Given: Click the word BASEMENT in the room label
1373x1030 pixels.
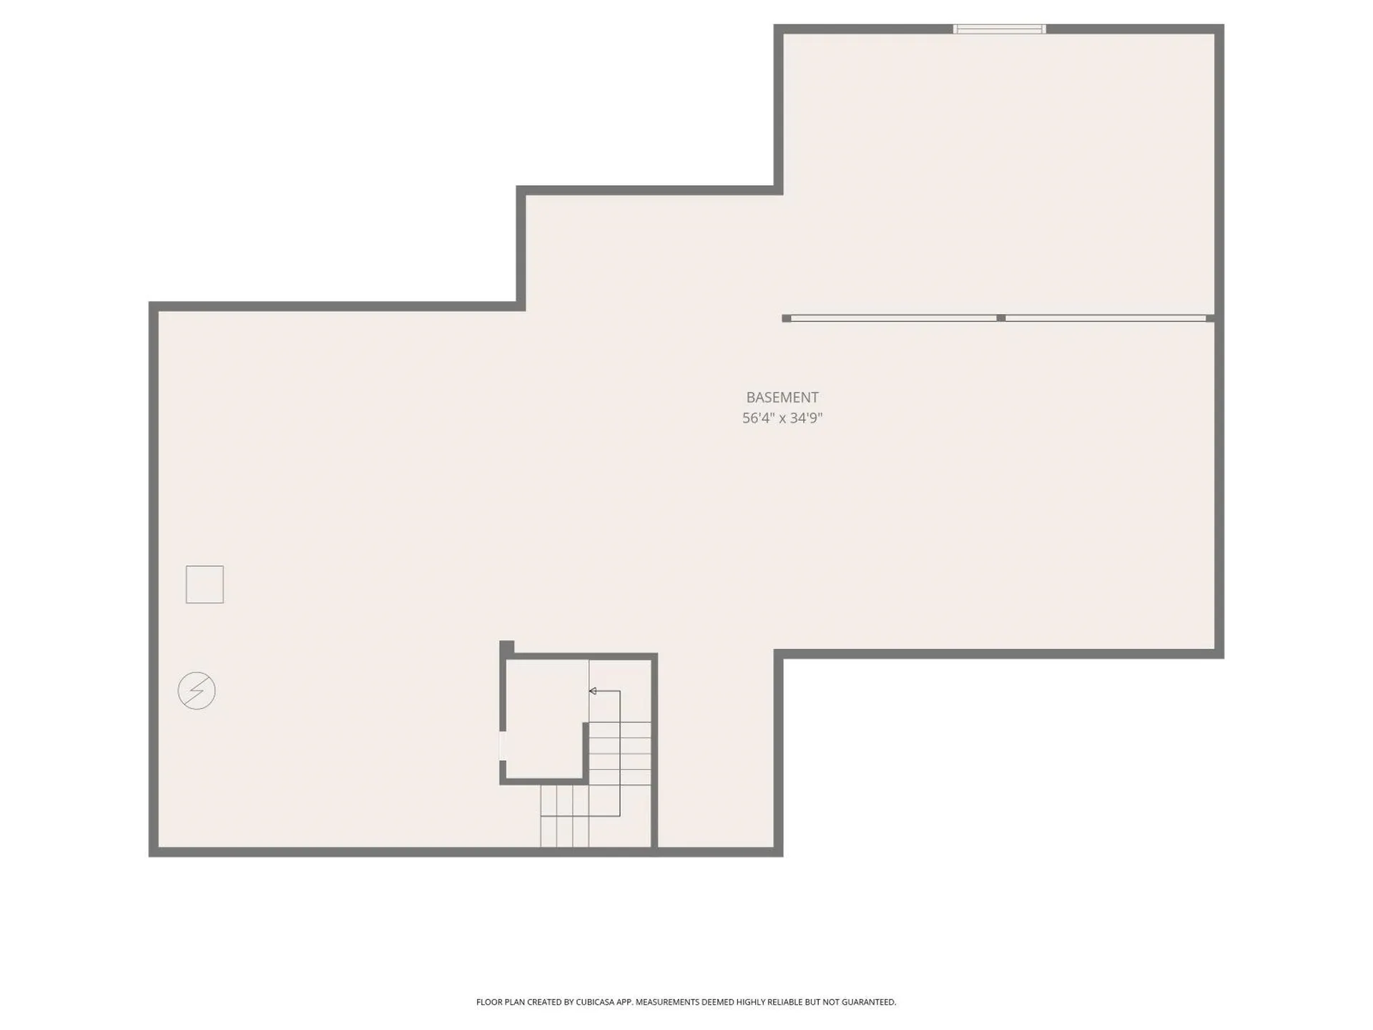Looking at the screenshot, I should point(782,397).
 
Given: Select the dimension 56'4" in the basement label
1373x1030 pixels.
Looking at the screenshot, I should point(758,418).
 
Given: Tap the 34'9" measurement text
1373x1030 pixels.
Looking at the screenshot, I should point(807,418).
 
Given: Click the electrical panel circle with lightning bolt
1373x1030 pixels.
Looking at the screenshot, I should point(197,691).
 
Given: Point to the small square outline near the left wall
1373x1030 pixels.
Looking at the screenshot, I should point(205,584).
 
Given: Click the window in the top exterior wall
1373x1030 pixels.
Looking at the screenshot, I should point(999,29).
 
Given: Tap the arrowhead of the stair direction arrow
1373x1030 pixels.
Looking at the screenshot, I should point(593,691).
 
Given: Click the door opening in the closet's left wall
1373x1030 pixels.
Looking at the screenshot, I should point(503,746).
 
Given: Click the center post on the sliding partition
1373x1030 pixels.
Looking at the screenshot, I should point(1000,318).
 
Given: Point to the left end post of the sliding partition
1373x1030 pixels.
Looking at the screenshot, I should point(787,318).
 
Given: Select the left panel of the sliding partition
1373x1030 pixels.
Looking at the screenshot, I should point(893,318).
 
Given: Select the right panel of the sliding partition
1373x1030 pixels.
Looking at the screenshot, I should point(1106,318).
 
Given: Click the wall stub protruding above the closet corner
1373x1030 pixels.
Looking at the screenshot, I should point(506,647).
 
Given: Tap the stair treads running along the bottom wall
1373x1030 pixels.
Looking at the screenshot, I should point(564,815).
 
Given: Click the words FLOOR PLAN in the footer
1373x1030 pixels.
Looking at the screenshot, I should point(500,1002).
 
